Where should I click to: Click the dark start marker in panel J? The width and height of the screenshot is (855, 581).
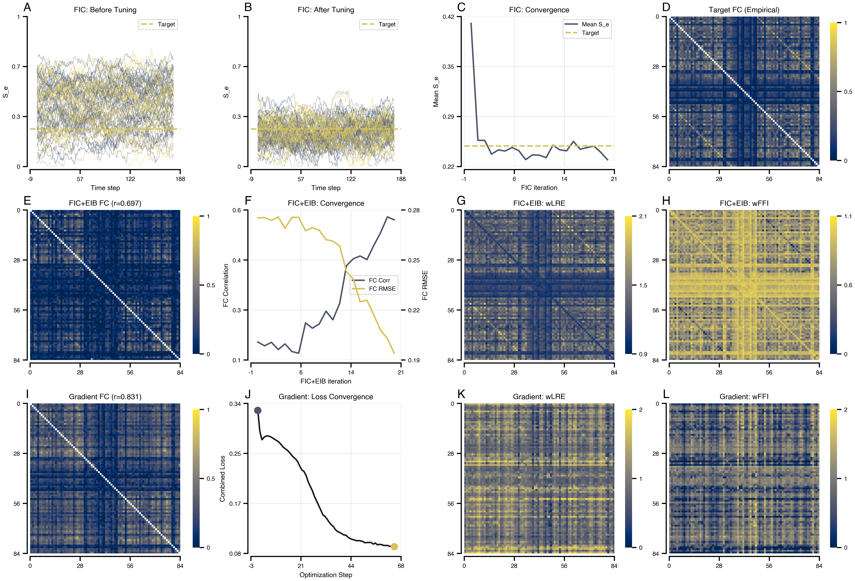pos(258,410)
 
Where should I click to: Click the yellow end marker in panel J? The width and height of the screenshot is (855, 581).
pos(394,547)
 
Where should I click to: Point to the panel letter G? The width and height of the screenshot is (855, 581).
pos(461,201)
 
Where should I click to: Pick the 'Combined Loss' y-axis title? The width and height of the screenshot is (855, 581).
pos(222,479)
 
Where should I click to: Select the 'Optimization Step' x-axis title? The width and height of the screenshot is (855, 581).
pos(326,575)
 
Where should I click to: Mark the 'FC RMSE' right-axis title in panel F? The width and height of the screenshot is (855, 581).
pos(425,285)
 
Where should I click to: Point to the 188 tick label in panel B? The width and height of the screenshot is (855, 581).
pos(401,179)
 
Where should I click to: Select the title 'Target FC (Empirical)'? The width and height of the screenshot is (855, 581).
pos(744,10)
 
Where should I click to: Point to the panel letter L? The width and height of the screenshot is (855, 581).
pos(666,394)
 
